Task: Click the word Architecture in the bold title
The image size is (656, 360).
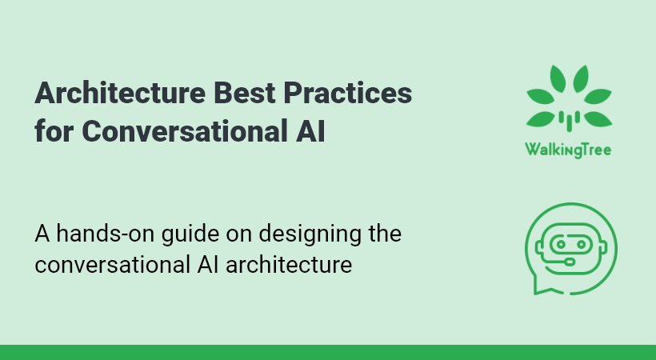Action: [x=120, y=93]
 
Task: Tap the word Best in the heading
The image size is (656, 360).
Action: [x=244, y=93]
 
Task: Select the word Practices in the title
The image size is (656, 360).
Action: [x=348, y=93]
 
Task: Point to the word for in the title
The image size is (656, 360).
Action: [x=54, y=130]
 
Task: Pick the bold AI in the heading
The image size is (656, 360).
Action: [x=310, y=130]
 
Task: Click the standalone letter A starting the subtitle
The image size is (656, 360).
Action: [x=42, y=234]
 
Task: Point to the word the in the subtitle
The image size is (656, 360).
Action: [x=385, y=233]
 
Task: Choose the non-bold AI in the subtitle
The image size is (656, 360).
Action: [x=208, y=265]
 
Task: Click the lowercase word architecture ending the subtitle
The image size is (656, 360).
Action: [x=289, y=265]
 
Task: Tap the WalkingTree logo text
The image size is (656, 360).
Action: [x=568, y=150]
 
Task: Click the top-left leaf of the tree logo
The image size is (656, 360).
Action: [x=558, y=78]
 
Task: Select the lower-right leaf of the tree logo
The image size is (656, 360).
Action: [x=598, y=119]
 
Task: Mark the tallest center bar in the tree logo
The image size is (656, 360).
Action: [x=570, y=121]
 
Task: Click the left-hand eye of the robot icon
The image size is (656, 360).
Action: [x=561, y=244]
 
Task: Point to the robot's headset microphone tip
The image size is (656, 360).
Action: [x=570, y=262]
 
